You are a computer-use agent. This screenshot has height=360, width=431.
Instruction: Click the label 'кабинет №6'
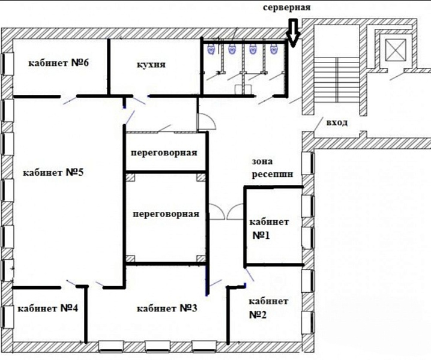tap(59, 63)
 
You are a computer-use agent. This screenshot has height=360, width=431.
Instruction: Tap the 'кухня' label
tap(151, 65)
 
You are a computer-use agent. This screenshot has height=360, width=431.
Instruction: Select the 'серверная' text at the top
tap(287, 7)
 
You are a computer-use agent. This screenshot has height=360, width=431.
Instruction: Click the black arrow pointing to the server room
tap(294, 33)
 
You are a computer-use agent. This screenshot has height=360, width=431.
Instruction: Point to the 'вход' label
tap(337, 122)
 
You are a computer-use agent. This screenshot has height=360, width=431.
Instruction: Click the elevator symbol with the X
tap(396, 50)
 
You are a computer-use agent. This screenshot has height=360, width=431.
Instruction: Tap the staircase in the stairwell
tap(337, 79)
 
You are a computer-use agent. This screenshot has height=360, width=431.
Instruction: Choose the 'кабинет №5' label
tap(53, 173)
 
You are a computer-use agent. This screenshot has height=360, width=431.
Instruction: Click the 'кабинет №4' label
tap(47, 308)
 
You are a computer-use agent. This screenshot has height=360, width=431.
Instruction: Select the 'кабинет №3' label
tap(167, 308)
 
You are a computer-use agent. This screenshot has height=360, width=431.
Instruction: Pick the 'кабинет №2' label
tap(268, 308)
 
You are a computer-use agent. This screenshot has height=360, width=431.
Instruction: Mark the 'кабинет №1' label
tap(269, 229)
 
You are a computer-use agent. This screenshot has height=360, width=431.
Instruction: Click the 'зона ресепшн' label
tap(272, 167)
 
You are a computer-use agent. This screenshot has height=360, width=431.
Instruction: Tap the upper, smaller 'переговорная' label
tap(164, 152)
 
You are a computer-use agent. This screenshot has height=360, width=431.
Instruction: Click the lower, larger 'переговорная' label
tap(166, 214)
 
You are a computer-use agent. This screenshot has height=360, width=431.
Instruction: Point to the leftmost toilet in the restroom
tap(211, 49)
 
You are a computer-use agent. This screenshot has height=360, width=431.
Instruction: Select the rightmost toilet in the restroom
tap(273, 49)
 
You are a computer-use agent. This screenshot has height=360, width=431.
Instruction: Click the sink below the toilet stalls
tap(244, 89)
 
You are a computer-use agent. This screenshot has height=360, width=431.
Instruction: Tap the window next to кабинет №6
tap(7, 64)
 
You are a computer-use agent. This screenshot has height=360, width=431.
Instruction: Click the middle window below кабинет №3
tap(157, 346)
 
